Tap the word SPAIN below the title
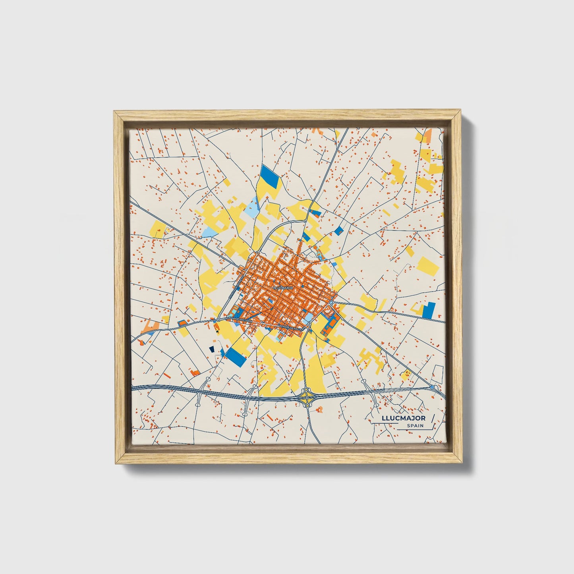coord(415,426)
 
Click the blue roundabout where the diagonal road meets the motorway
coord(432,387)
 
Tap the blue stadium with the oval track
coord(236,352)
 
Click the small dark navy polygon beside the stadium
coord(211,348)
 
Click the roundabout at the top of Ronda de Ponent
coord(258,253)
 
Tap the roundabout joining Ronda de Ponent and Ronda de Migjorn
coord(218,319)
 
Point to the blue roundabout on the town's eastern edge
coord(332,303)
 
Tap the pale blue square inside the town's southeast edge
coord(308,318)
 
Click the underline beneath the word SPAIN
coord(413,429)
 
